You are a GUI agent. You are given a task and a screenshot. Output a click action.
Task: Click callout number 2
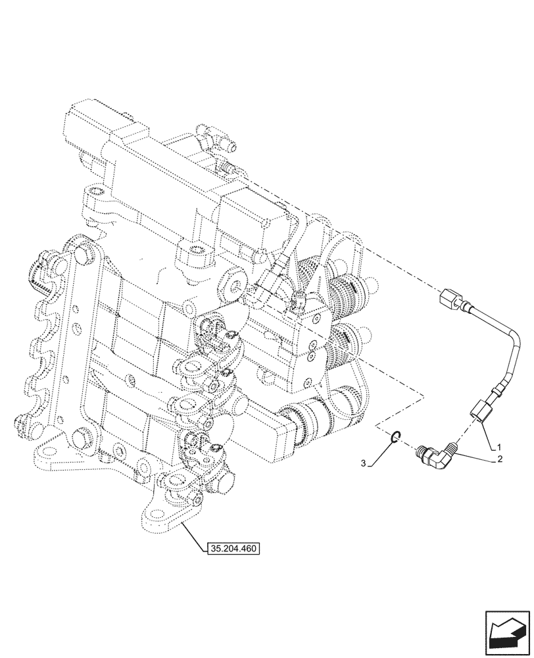(500, 459)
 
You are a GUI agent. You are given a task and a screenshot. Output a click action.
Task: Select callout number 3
(363, 464)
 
